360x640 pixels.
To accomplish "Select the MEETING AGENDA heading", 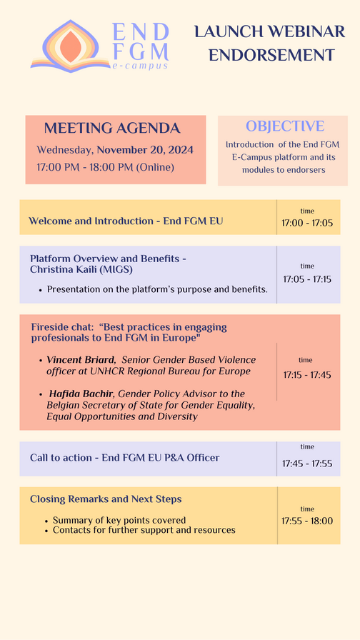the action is point(112,128).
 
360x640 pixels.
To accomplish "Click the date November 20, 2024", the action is point(145,150).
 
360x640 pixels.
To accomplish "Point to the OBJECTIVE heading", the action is point(285,126).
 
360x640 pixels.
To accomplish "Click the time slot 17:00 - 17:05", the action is point(307,224).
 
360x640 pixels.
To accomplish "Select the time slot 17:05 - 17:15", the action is point(307,279).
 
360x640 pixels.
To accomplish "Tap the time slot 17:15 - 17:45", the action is point(307,375).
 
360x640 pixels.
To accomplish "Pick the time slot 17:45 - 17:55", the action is point(307,464).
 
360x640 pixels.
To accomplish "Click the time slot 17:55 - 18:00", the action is point(307,521).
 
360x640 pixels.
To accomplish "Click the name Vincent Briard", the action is point(81,360).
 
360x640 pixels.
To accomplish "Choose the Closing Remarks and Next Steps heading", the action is point(106,499).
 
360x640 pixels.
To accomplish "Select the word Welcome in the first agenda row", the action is point(44,221).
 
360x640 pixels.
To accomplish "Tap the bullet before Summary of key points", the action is point(47,521).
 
